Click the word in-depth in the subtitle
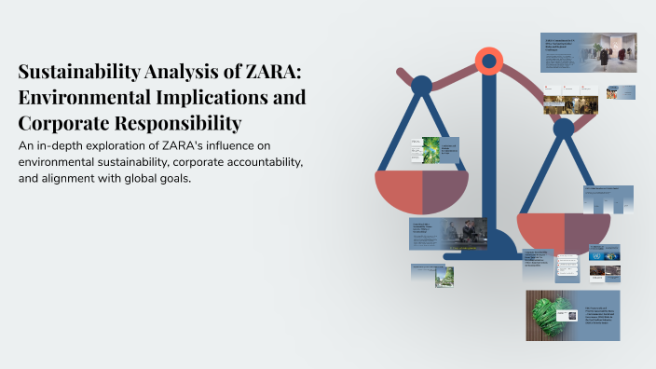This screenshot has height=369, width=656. tap(61, 145)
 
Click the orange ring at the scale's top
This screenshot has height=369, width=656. tap(488, 62)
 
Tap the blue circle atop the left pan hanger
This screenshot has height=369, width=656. tap(421, 86)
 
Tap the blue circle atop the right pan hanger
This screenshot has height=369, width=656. tap(564, 128)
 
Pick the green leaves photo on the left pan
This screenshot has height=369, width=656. tap(430, 150)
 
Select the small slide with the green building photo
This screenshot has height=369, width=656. tap(444, 275)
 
